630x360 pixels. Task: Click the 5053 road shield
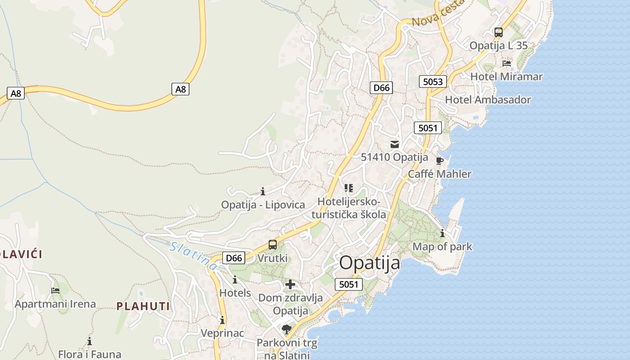click(433, 81)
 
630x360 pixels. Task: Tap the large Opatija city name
click(369, 263)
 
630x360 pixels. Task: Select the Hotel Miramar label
click(506, 76)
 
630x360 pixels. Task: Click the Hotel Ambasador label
click(488, 100)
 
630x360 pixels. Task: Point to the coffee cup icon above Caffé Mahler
click(440, 161)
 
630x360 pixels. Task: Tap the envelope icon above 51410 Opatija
click(395, 144)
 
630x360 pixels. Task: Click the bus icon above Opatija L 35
click(498, 32)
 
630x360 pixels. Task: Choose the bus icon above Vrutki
click(272, 245)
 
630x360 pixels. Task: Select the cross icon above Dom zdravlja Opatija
click(290, 284)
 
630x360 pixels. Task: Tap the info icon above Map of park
click(442, 233)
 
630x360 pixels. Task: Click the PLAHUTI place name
click(143, 306)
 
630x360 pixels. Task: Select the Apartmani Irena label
click(55, 304)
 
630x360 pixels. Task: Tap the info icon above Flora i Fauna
click(90, 341)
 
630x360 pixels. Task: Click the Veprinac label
click(222, 333)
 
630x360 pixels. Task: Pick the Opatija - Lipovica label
click(263, 205)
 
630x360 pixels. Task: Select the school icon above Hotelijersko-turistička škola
click(349, 188)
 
